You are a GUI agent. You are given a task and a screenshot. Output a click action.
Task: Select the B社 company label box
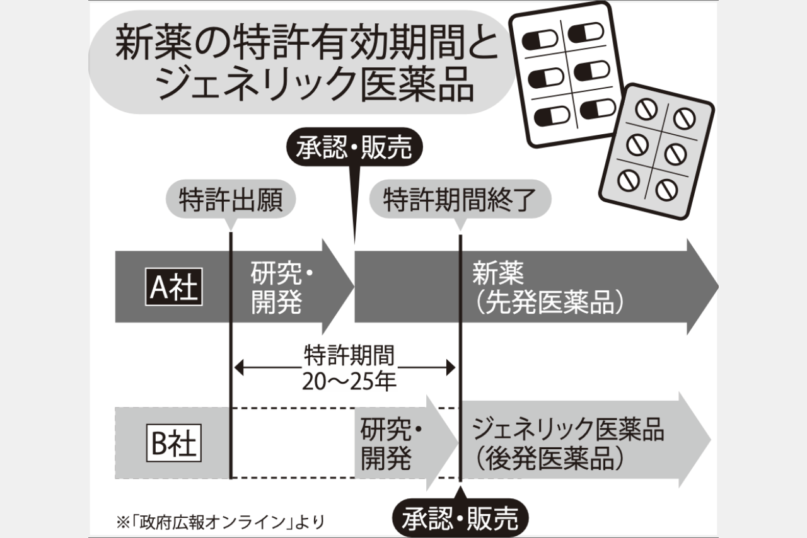click(174, 444)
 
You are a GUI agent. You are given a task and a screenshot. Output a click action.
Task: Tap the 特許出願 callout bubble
click(229, 201)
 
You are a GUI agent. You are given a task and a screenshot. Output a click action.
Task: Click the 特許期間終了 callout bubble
click(460, 201)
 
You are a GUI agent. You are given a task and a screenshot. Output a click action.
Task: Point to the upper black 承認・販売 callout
click(354, 149)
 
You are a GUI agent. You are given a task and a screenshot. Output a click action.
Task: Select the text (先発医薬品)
click(549, 304)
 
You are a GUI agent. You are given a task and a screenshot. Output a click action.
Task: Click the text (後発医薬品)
click(549, 459)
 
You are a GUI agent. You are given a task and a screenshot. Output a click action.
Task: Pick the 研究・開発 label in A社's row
click(282, 289)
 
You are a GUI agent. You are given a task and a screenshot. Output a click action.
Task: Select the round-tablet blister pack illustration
click(656, 152)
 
